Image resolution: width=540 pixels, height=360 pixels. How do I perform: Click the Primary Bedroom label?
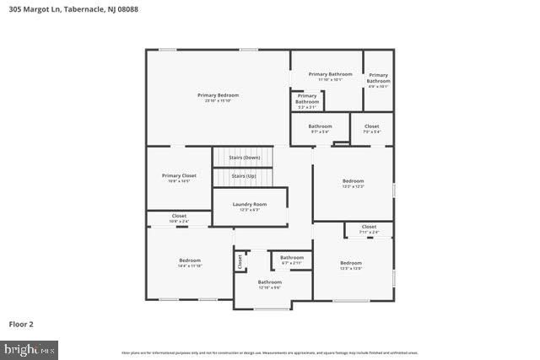pyautogui.click(x=219, y=95)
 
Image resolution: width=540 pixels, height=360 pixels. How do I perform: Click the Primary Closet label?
pyautogui.click(x=178, y=175)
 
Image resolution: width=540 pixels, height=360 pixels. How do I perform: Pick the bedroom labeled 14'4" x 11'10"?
pyautogui.click(x=190, y=261)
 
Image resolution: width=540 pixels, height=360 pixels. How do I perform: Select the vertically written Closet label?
pyautogui.click(x=240, y=261)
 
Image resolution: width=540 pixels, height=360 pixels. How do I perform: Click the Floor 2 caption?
pyautogui.click(x=22, y=324)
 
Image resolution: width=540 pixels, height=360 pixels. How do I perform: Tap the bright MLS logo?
pyautogui.click(x=30, y=348)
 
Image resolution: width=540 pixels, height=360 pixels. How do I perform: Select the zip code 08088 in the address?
pyautogui.click(x=127, y=10)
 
